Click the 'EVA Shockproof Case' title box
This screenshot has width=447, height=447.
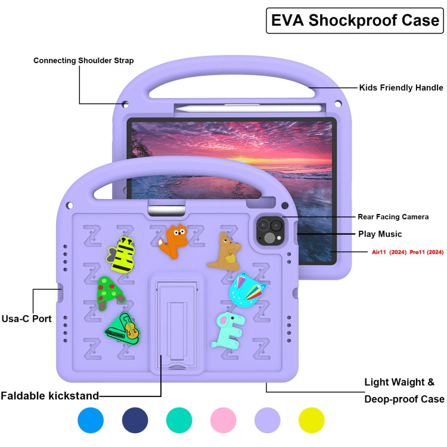tap(355, 21)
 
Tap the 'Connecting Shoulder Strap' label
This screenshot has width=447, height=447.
tap(83, 60)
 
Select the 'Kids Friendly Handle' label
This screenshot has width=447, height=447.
tap(401, 88)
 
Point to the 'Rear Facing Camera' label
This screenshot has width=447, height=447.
tap(393, 217)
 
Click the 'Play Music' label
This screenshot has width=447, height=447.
tap(380, 234)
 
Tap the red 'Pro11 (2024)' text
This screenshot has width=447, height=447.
tap(427, 253)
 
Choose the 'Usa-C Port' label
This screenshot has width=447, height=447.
tap(26, 319)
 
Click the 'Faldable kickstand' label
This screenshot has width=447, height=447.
tap(49, 396)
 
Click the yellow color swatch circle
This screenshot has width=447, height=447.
tap(311, 420)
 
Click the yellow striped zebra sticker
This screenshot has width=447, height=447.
tap(122, 254)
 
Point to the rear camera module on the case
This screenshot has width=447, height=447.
tap(269, 231)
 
